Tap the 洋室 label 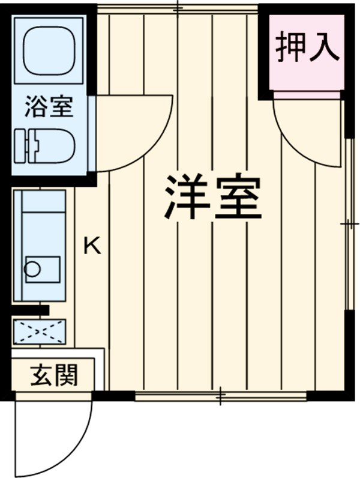(x=212, y=198)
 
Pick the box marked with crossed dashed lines (x=41, y=331)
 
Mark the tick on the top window (x=178, y=8)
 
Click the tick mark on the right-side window (x=349, y=224)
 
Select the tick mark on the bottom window (x=220, y=395)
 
